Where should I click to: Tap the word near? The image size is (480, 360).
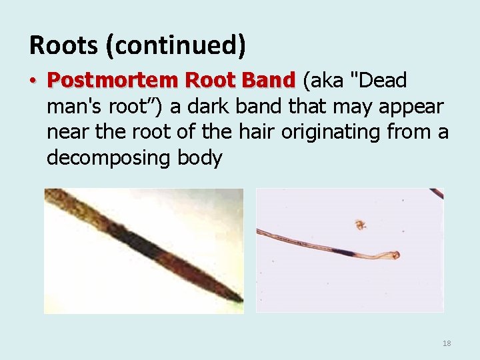(x=69, y=133)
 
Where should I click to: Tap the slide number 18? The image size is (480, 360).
(x=447, y=343)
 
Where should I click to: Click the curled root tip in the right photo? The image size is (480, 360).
(x=395, y=255)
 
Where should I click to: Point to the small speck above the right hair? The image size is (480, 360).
(x=361, y=225)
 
